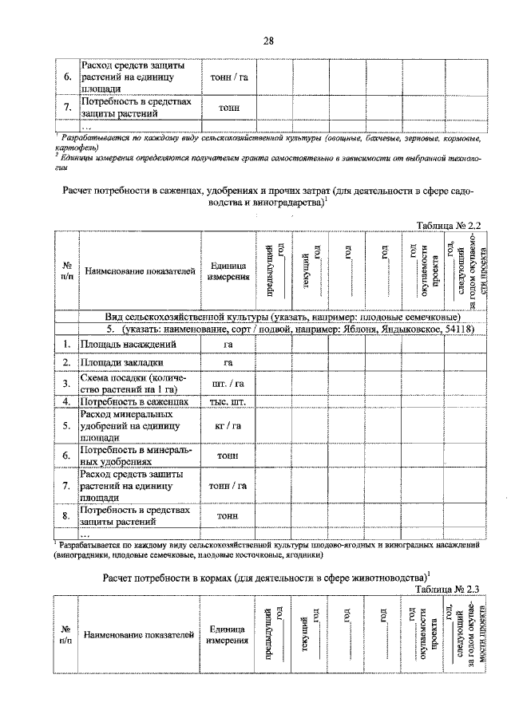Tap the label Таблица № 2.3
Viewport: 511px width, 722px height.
coord(447,589)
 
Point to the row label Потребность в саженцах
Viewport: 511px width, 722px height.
coord(133,401)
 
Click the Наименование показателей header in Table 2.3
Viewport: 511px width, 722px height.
coord(139,636)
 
